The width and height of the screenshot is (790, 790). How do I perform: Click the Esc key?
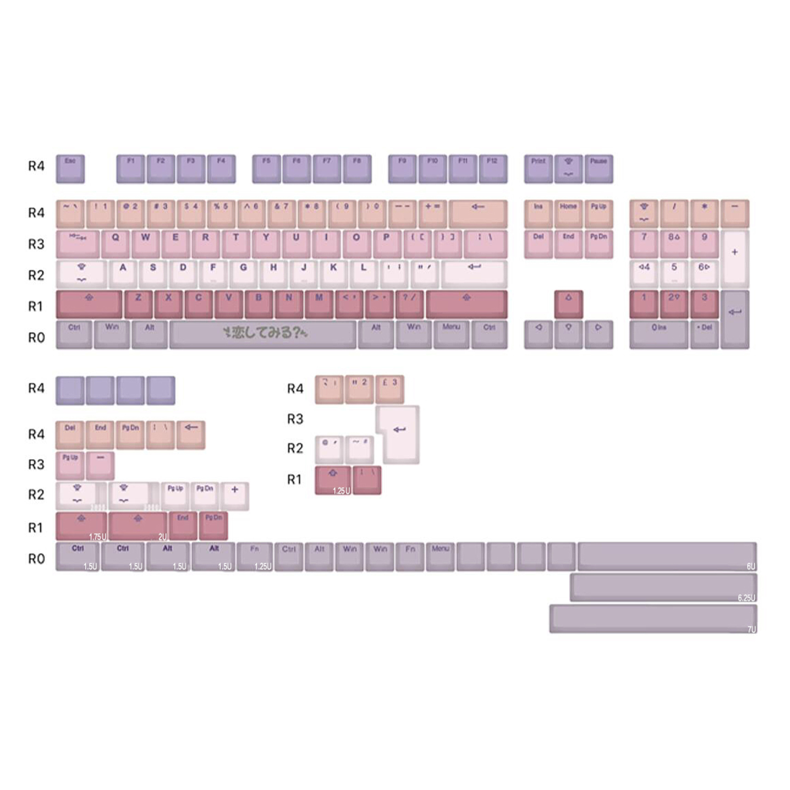point(70,169)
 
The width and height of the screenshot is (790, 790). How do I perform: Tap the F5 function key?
point(266,169)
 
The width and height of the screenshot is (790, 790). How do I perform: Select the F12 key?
point(493,169)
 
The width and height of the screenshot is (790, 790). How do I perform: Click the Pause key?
point(599,169)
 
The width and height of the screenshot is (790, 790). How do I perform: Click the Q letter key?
point(115,244)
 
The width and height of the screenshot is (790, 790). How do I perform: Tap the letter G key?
point(243,274)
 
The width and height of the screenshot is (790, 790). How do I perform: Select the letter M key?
point(319,304)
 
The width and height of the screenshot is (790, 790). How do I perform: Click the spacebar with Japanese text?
point(263,334)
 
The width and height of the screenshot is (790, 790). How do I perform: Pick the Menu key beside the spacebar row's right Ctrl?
point(451,334)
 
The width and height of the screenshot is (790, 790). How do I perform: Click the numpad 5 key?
point(674,274)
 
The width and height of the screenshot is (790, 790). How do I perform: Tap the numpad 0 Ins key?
point(658,334)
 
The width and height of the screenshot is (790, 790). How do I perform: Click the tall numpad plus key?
point(734,259)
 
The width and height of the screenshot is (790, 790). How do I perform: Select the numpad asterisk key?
point(704,213)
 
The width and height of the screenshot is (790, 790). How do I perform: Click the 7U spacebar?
point(653,618)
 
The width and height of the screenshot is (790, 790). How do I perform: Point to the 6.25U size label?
point(746,598)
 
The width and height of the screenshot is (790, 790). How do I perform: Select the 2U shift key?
point(138,526)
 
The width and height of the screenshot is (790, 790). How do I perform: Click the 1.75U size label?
point(97,537)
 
